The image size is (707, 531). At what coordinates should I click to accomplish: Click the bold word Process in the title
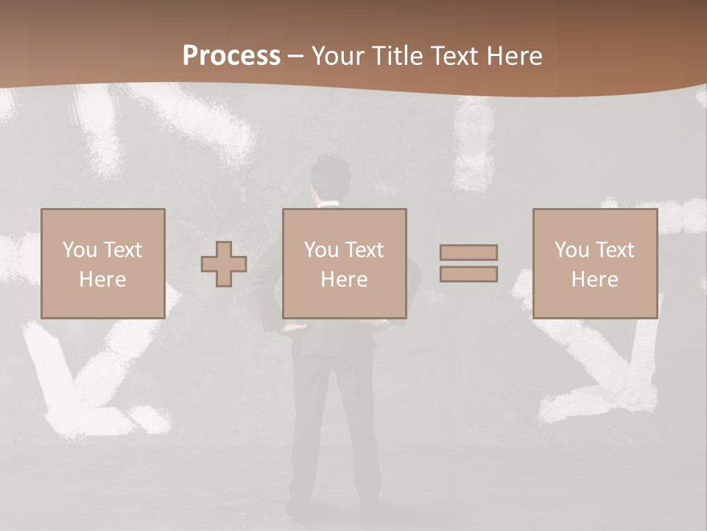pos(231,56)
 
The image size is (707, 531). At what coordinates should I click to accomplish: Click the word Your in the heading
pos(338,56)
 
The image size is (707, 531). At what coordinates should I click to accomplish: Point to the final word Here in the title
pos(516,56)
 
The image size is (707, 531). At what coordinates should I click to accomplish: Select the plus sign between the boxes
pos(224,263)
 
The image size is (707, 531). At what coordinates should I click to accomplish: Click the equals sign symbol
pos(468,263)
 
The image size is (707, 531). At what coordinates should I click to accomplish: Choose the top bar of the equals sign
pos(468,252)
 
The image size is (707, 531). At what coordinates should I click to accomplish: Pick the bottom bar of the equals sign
pos(468,274)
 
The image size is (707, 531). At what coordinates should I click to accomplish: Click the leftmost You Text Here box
pos(102,263)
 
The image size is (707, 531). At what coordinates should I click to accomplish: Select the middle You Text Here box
pos(344,263)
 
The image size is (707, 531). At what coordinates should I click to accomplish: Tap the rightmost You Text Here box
pos(594,263)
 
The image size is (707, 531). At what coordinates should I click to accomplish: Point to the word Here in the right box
pos(594,280)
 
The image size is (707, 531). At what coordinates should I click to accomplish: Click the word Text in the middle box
pos(365,250)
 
